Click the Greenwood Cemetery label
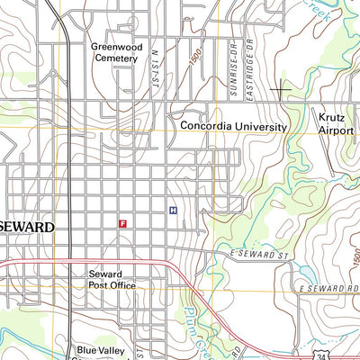113,51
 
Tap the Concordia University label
233,127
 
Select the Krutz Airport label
335,122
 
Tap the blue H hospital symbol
172,211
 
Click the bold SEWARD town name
28,227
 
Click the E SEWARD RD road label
328,290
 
